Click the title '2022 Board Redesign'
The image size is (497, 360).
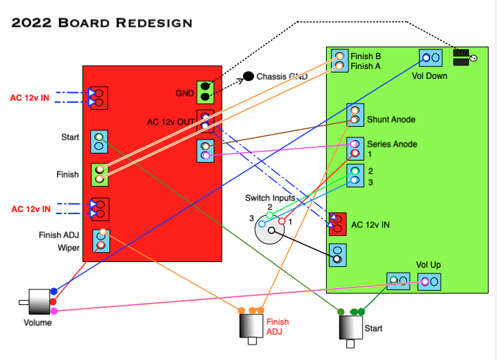click(102, 23)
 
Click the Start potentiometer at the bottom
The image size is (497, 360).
click(350, 327)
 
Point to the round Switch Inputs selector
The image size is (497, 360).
click(272, 228)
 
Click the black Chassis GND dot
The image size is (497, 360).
click(249, 76)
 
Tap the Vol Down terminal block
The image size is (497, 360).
click(430, 58)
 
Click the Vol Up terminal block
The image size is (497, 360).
click(429, 283)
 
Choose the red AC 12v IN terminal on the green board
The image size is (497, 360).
click(339, 224)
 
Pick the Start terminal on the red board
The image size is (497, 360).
click(99, 142)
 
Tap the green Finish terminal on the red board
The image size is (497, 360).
click(101, 174)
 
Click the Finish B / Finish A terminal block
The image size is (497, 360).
click(340, 61)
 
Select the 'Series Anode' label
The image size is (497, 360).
click(392, 144)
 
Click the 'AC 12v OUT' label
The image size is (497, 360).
click(171, 122)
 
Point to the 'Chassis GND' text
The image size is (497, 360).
click(282, 76)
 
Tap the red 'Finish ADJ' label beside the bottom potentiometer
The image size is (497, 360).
click(277, 326)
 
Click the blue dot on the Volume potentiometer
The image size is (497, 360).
click(54, 291)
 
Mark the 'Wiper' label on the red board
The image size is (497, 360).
click(69, 247)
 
